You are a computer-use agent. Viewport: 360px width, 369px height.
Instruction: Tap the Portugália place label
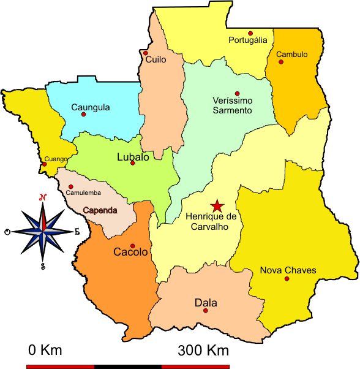[x=247, y=40]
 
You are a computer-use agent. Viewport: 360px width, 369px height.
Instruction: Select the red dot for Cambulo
[x=282, y=61]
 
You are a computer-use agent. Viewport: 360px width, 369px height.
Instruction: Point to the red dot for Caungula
[x=84, y=114]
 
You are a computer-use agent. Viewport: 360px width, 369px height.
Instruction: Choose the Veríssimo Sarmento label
[x=232, y=105]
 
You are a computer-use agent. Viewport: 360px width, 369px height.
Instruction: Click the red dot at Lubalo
[x=132, y=162]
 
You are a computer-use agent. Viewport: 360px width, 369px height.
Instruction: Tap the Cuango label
[x=54, y=159]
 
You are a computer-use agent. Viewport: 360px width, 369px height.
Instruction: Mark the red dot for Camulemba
[x=70, y=186]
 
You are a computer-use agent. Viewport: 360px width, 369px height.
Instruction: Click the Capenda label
[x=100, y=210]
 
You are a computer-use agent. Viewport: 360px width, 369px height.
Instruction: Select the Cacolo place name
[x=130, y=252]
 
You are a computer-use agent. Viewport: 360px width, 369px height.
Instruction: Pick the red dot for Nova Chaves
[x=287, y=278]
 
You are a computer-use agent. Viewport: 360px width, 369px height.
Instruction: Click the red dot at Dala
[x=205, y=310]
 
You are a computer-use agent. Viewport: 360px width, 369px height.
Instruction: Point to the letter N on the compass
[x=43, y=197]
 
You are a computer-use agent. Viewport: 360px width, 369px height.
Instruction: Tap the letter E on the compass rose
[x=77, y=232]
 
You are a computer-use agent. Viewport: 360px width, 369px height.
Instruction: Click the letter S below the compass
[x=43, y=265]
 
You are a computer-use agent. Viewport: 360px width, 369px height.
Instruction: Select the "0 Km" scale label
[x=45, y=351]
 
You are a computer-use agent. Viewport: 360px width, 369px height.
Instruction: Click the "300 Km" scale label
[x=203, y=351]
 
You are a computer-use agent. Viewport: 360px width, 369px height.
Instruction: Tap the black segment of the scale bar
[x=128, y=367]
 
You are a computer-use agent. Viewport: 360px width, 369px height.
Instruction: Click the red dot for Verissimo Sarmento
[x=237, y=93]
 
